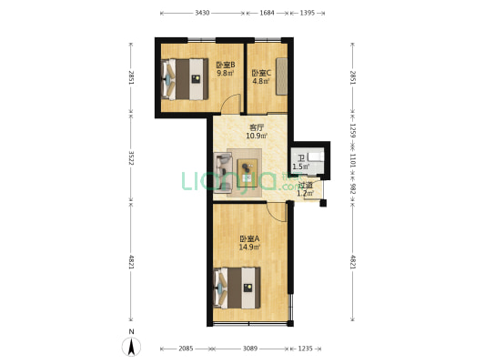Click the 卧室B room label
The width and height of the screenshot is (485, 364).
226,65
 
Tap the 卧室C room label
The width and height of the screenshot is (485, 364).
262,73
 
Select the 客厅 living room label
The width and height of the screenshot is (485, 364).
257,127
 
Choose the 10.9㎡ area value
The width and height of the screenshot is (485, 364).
257,136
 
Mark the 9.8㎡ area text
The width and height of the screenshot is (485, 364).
226,74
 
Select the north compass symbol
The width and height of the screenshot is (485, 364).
131,346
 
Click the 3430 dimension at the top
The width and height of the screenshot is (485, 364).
202,13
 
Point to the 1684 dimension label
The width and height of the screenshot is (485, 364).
267,13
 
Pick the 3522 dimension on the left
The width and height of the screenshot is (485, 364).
131,158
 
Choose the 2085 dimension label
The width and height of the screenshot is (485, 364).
185,349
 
